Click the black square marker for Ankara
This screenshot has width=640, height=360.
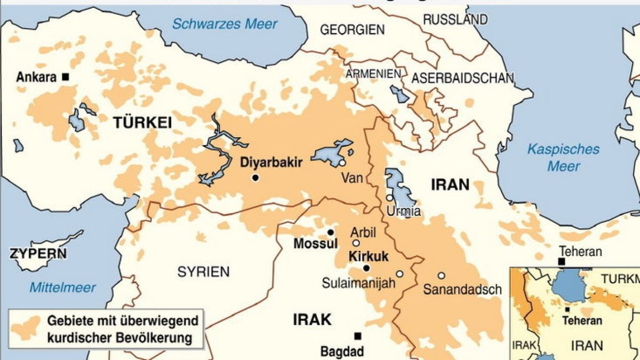(66, 77)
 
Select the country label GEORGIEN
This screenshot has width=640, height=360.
(352, 30)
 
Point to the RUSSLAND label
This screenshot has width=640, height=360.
(455, 20)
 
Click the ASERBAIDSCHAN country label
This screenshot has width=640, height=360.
(462, 78)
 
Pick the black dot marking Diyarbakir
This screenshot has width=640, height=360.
(255, 178)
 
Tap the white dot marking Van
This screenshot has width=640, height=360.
(342, 163)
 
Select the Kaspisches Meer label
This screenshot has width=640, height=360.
(563, 157)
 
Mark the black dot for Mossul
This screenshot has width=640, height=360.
(331, 233)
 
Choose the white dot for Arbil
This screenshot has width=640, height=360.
(356, 243)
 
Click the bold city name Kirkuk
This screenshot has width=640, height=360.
(367, 256)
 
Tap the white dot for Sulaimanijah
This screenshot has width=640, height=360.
(399, 274)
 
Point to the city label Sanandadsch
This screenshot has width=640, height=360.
(462, 290)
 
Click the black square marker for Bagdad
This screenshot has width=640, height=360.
(358, 336)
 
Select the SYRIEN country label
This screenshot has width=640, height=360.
(203, 271)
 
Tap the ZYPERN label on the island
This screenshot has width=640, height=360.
(38, 253)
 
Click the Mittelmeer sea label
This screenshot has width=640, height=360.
(62, 288)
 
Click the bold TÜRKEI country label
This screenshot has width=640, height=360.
(142, 123)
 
